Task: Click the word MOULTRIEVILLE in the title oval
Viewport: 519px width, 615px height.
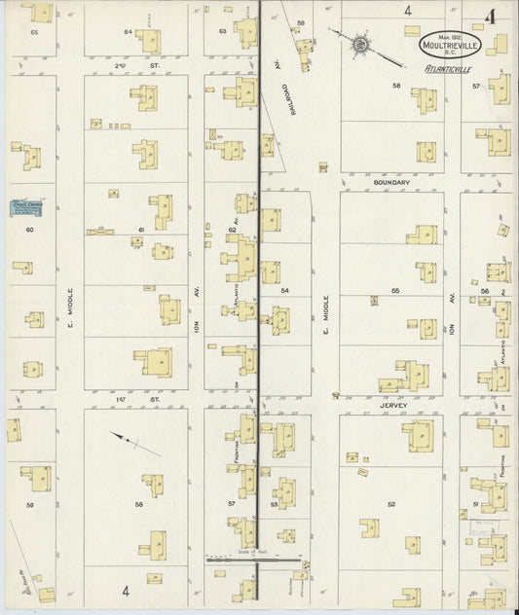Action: [448, 44]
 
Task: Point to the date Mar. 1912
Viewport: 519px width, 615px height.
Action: [448, 35]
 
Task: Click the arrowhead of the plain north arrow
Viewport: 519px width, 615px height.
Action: [113, 437]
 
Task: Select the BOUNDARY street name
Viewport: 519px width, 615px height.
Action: [390, 181]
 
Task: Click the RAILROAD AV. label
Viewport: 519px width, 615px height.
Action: [289, 97]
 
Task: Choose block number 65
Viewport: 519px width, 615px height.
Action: [34, 33]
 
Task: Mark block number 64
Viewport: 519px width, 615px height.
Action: [127, 32]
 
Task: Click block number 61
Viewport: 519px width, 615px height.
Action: [141, 230]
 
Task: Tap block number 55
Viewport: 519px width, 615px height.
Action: [395, 291]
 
